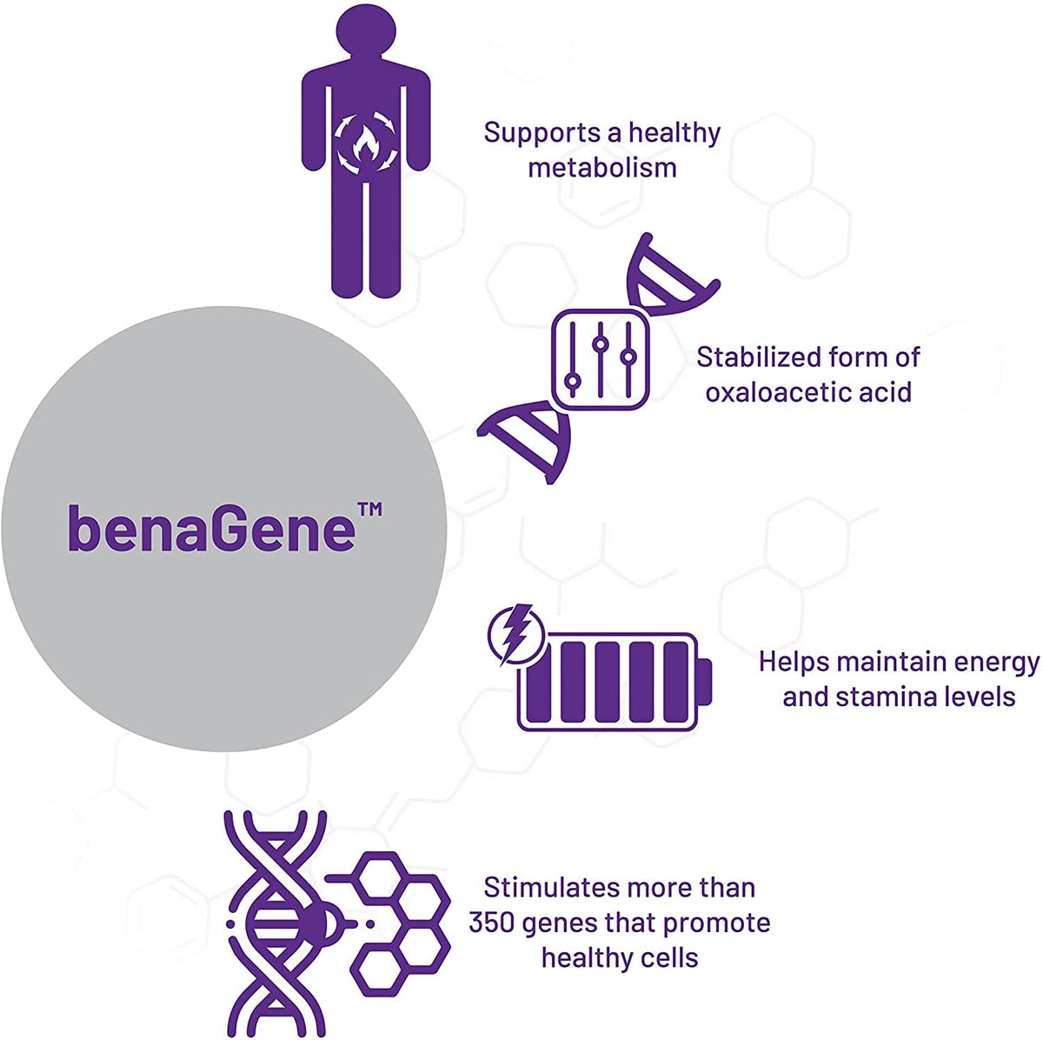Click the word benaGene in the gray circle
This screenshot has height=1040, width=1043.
pyautogui.click(x=211, y=528)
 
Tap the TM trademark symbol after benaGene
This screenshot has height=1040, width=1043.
pyautogui.click(x=370, y=510)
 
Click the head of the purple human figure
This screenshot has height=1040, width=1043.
pyautogui.click(x=366, y=30)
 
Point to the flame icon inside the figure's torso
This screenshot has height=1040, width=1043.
pyautogui.click(x=366, y=144)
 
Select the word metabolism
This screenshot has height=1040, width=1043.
pyautogui.click(x=602, y=167)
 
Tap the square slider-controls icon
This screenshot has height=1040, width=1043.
pyautogui.click(x=601, y=358)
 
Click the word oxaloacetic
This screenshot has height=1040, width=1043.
pyautogui.click(x=774, y=392)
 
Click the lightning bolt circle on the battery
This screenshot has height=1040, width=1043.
pyautogui.click(x=516, y=634)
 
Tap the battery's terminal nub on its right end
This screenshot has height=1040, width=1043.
pyautogui.click(x=704, y=682)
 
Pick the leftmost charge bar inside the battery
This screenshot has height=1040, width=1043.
pyautogui.click(x=539, y=682)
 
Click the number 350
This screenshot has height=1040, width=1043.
pyautogui.click(x=488, y=923)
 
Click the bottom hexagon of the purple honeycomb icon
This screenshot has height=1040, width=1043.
pyautogui.click(x=377, y=973)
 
